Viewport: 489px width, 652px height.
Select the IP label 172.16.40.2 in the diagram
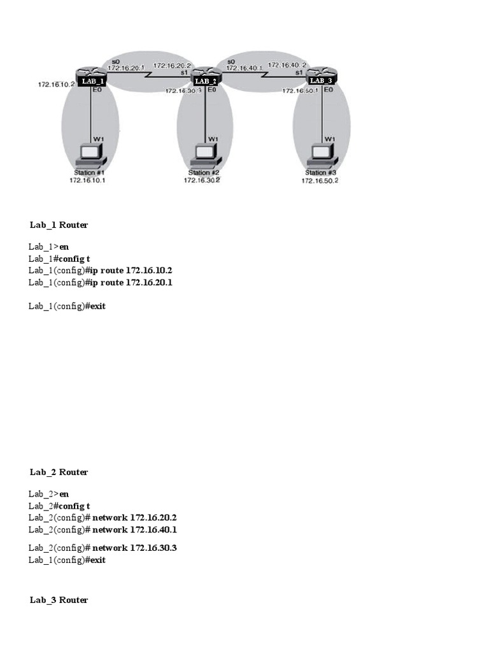288,65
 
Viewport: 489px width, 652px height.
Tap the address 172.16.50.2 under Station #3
320,181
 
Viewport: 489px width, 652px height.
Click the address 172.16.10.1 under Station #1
87,180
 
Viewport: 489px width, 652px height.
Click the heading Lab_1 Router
59,225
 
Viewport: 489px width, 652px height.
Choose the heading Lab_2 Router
59,472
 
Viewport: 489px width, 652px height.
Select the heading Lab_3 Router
59,600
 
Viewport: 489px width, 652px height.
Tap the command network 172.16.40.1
134,529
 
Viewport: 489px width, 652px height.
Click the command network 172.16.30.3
134,548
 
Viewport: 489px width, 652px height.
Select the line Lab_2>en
48,493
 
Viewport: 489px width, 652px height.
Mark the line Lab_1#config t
63,258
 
